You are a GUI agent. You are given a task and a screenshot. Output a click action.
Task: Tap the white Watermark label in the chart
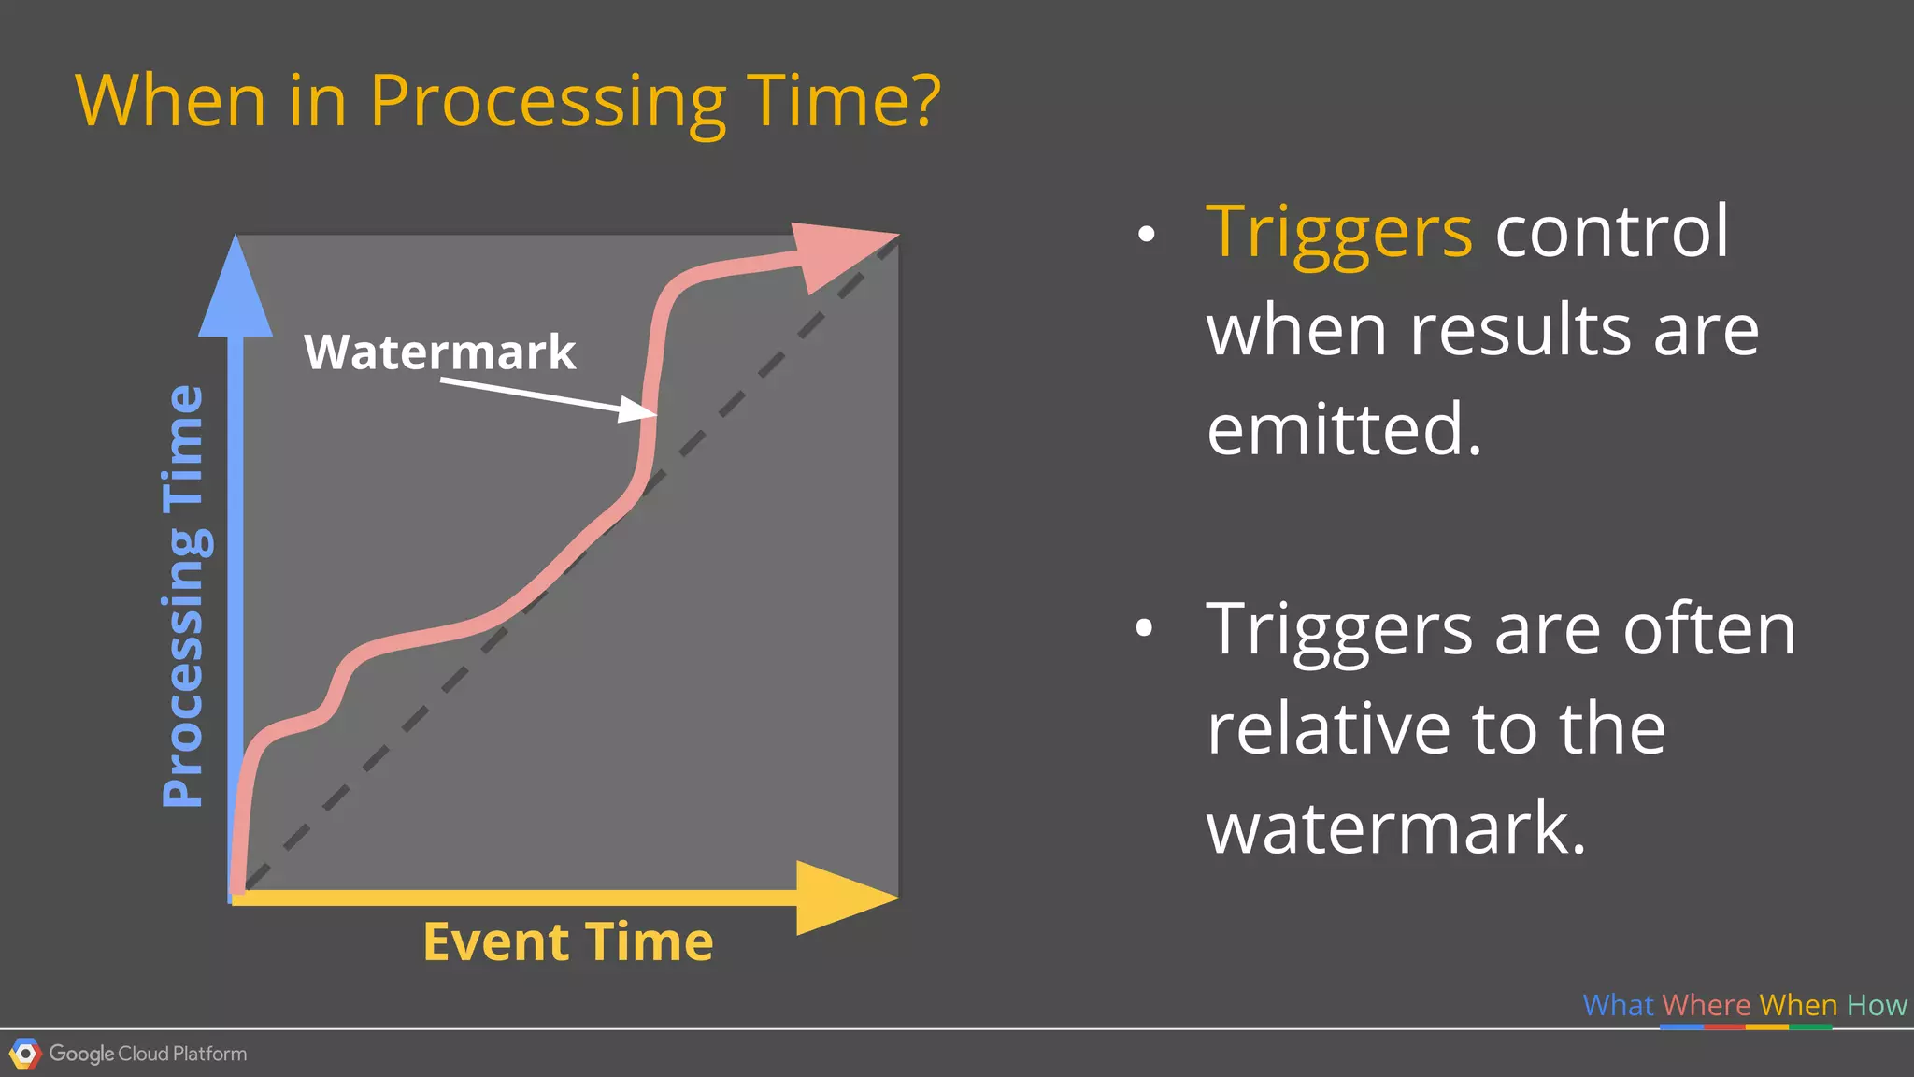(439, 352)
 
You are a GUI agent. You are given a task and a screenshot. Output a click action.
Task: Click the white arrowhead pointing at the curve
(639, 409)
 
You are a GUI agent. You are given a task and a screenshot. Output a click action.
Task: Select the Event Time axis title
(568, 941)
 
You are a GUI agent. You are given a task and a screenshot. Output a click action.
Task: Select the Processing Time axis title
(183, 596)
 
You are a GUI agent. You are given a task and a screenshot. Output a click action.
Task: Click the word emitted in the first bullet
(1343, 429)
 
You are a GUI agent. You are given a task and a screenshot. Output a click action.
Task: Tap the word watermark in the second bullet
(1395, 828)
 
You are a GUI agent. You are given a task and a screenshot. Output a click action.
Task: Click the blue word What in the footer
(1618, 1005)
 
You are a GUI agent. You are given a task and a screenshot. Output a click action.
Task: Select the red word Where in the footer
(1706, 1005)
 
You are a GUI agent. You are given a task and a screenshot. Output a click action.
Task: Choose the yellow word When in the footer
(1798, 1005)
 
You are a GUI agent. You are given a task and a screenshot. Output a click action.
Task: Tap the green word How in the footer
(1877, 1005)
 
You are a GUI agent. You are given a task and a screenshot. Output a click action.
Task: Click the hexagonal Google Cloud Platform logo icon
(25, 1055)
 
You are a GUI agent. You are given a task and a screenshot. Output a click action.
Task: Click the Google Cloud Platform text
(148, 1054)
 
